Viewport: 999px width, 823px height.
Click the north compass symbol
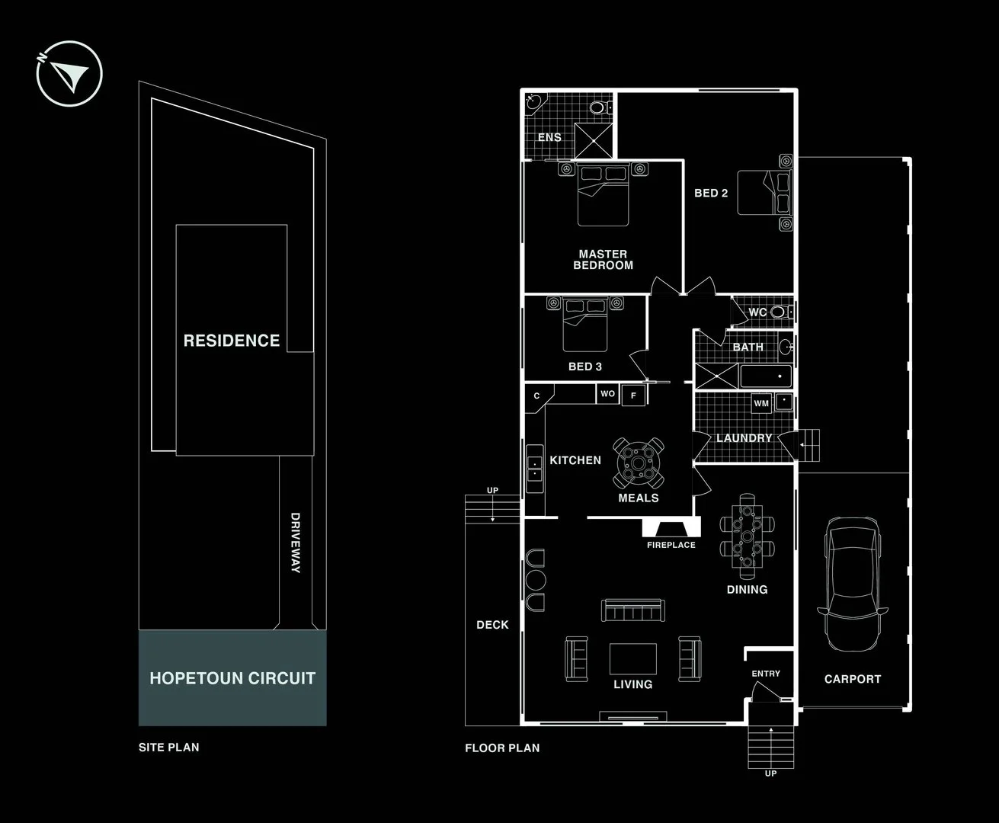point(69,74)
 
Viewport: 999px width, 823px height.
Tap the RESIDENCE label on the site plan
point(232,341)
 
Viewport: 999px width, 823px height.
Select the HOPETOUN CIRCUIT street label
point(232,678)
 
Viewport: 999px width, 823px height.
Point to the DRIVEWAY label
point(295,543)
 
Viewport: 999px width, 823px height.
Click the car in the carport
point(853,584)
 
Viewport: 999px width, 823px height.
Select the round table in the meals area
point(639,463)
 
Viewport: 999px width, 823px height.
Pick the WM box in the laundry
point(761,403)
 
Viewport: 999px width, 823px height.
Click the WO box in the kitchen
point(607,394)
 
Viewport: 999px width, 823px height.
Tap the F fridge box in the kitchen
point(633,395)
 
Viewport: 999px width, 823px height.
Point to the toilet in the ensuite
point(600,107)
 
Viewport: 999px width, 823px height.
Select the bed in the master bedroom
point(603,194)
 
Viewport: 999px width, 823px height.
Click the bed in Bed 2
point(764,192)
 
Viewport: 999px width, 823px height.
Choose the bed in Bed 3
point(585,325)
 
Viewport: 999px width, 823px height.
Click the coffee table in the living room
point(633,659)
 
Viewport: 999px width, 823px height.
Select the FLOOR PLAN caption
point(502,748)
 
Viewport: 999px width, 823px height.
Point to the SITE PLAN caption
point(169,748)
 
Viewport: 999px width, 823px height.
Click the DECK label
point(493,625)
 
